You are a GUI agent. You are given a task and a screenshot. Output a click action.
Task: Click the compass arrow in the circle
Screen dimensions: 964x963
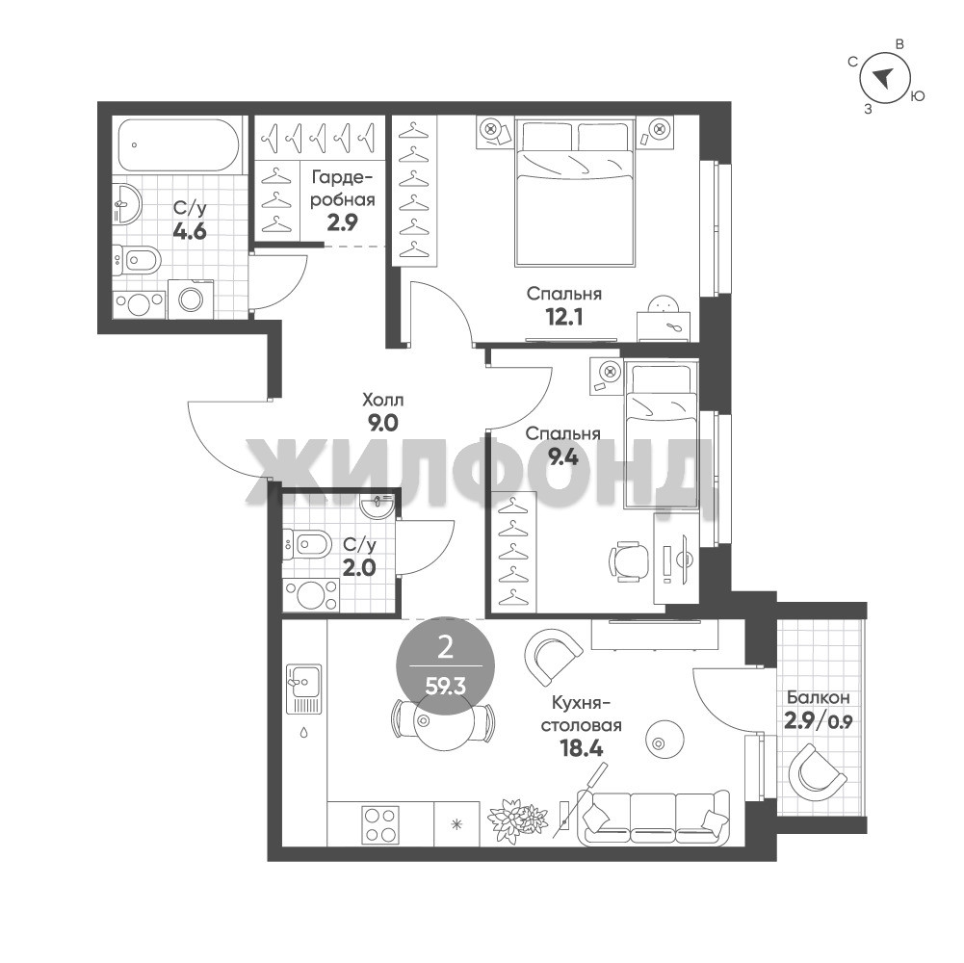point(883,76)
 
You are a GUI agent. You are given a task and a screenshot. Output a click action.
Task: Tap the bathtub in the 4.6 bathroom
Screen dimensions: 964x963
point(178,145)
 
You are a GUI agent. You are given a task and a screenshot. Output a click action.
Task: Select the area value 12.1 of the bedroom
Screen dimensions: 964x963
point(563,317)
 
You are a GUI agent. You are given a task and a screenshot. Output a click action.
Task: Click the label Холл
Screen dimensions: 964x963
point(382,401)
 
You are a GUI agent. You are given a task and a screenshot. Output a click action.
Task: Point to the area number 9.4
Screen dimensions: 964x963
point(563,457)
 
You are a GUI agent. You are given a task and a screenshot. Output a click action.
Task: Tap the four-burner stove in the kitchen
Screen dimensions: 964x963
point(379,824)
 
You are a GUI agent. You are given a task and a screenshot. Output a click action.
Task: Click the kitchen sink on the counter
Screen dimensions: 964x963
point(303,689)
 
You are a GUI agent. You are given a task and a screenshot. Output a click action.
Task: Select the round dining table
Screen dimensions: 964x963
point(443,722)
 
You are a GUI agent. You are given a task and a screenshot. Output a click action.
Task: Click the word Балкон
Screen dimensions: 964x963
point(819,697)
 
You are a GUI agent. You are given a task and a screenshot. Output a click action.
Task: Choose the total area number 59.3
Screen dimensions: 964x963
point(446,686)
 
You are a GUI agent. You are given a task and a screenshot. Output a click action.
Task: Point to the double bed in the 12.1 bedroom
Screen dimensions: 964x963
point(574,193)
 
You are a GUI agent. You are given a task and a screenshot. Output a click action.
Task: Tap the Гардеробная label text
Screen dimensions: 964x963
point(343,189)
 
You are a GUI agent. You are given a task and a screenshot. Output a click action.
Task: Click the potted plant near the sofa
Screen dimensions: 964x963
point(517,818)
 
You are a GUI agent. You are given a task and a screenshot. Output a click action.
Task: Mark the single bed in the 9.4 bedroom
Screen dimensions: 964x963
point(662,434)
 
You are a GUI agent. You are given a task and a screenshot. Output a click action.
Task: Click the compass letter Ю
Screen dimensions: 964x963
point(917,96)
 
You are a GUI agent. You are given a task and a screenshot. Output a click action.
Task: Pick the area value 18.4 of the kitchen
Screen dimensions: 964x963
point(581,748)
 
